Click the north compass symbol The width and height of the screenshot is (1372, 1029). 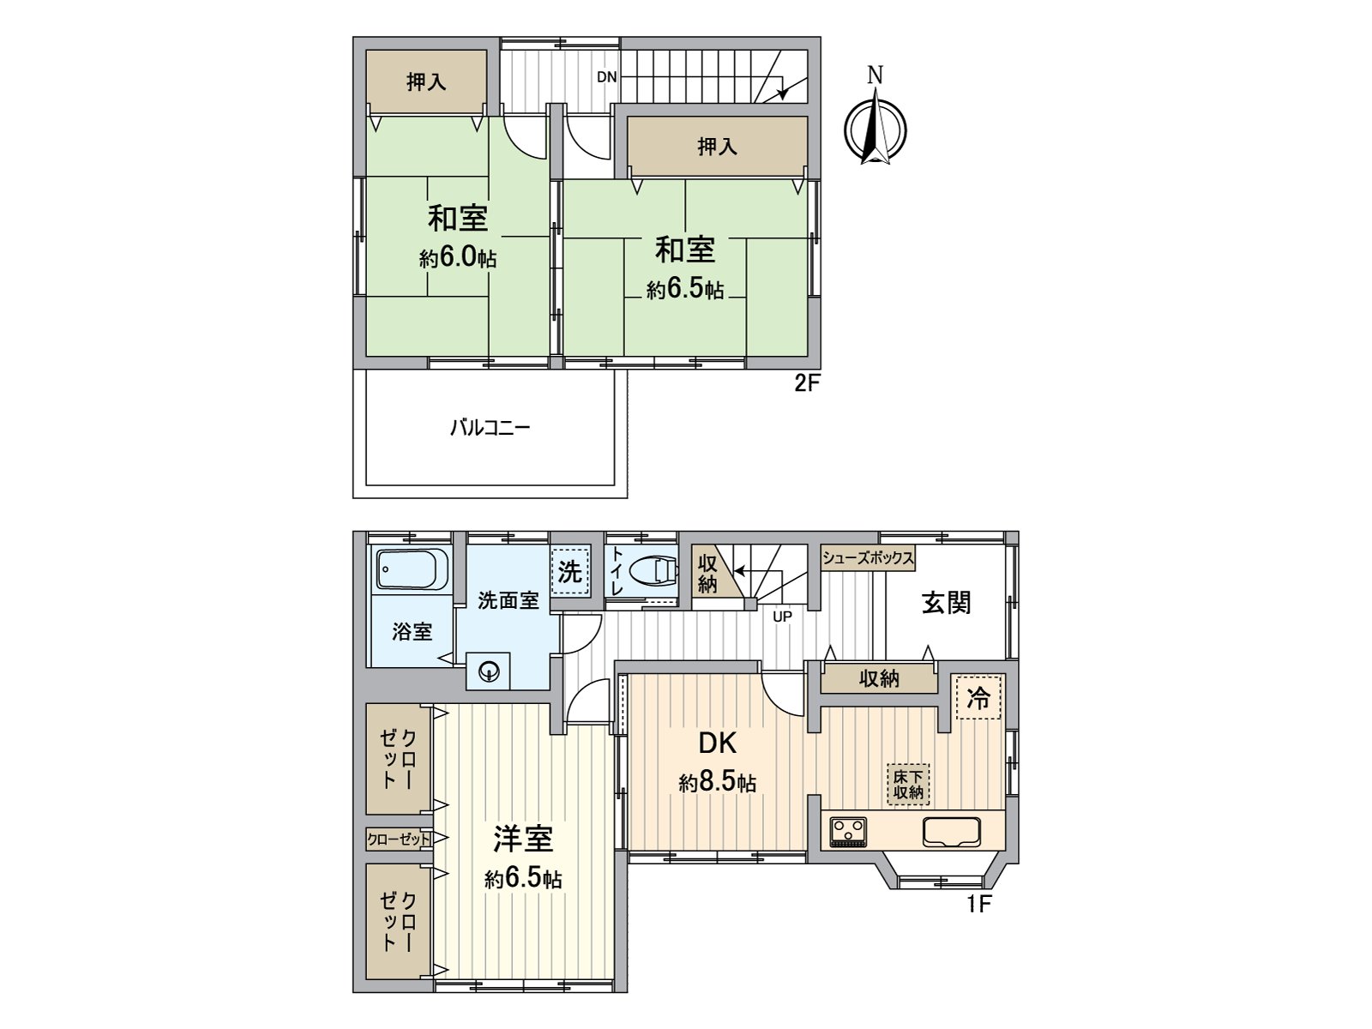[x=876, y=129]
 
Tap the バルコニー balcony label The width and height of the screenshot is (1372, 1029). [x=490, y=428]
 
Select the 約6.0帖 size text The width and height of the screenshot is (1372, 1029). [x=458, y=256]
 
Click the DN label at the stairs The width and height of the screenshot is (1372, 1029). [x=606, y=77]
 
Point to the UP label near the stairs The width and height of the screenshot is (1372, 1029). [x=782, y=617]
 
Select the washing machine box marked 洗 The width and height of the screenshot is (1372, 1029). [x=569, y=572]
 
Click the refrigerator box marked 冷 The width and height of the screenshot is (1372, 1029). [x=978, y=697]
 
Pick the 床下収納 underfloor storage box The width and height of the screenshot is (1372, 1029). [x=907, y=785]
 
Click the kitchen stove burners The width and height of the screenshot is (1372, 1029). [x=848, y=832]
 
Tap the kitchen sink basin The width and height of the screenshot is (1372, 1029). [x=951, y=832]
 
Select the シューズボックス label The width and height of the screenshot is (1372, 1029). [x=868, y=558]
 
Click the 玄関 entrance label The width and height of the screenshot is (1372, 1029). [x=946, y=603]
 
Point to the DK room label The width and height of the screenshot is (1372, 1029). [x=717, y=743]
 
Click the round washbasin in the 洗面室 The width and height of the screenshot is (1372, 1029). [x=488, y=671]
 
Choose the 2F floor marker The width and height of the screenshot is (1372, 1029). [x=806, y=383]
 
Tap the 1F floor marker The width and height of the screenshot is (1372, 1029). [x=979, y=904]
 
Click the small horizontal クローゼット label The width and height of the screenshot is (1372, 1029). [x=399, y=839]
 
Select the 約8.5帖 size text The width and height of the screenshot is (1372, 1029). [x=717, y=782]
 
